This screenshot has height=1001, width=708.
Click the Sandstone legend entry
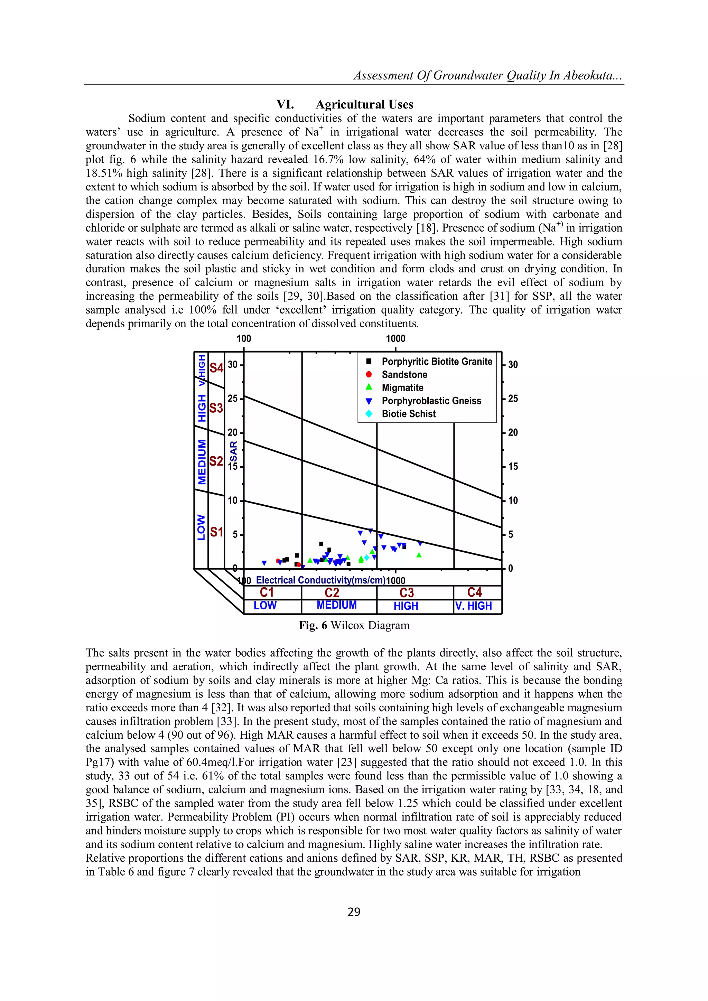(404, 374)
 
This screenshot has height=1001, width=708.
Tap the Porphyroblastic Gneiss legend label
(431, 401)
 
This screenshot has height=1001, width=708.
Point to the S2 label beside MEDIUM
(216, 461)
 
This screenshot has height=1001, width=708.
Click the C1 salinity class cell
(267, 592)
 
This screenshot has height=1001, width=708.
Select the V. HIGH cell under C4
(474, 606)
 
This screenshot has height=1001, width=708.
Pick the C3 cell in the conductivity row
(406, 592)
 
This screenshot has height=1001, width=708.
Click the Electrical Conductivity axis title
(320, 580)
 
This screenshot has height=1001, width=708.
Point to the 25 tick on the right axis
(513, 399)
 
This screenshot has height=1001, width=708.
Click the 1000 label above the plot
(395, 339)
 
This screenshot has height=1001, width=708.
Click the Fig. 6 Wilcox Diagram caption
(354, 625)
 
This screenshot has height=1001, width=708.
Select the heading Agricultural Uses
(364, 105)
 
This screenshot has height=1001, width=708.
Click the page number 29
(354, 911)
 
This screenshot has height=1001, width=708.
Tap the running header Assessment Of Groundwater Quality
(488, 75)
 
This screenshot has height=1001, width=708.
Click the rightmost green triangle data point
(419, 555)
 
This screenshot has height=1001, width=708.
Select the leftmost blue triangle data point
(264, 563)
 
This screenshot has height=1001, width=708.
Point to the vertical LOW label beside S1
(201, 527)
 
